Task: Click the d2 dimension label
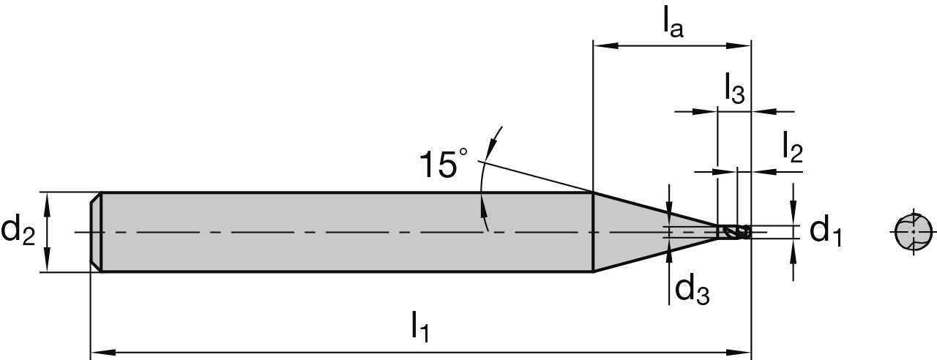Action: click(18, 232)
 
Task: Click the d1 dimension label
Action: click(826, 231)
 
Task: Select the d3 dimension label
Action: click(692, 290)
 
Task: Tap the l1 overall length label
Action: click(419, 326)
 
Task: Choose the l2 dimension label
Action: click(791, 149)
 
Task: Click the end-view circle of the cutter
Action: click(913, 232)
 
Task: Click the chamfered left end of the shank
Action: click(95, 232)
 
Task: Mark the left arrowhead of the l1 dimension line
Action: click(100, 351)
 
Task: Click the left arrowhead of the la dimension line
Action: click(602, 45)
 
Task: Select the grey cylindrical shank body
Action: click(344, 232)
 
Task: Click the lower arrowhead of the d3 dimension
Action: click(669, 249)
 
